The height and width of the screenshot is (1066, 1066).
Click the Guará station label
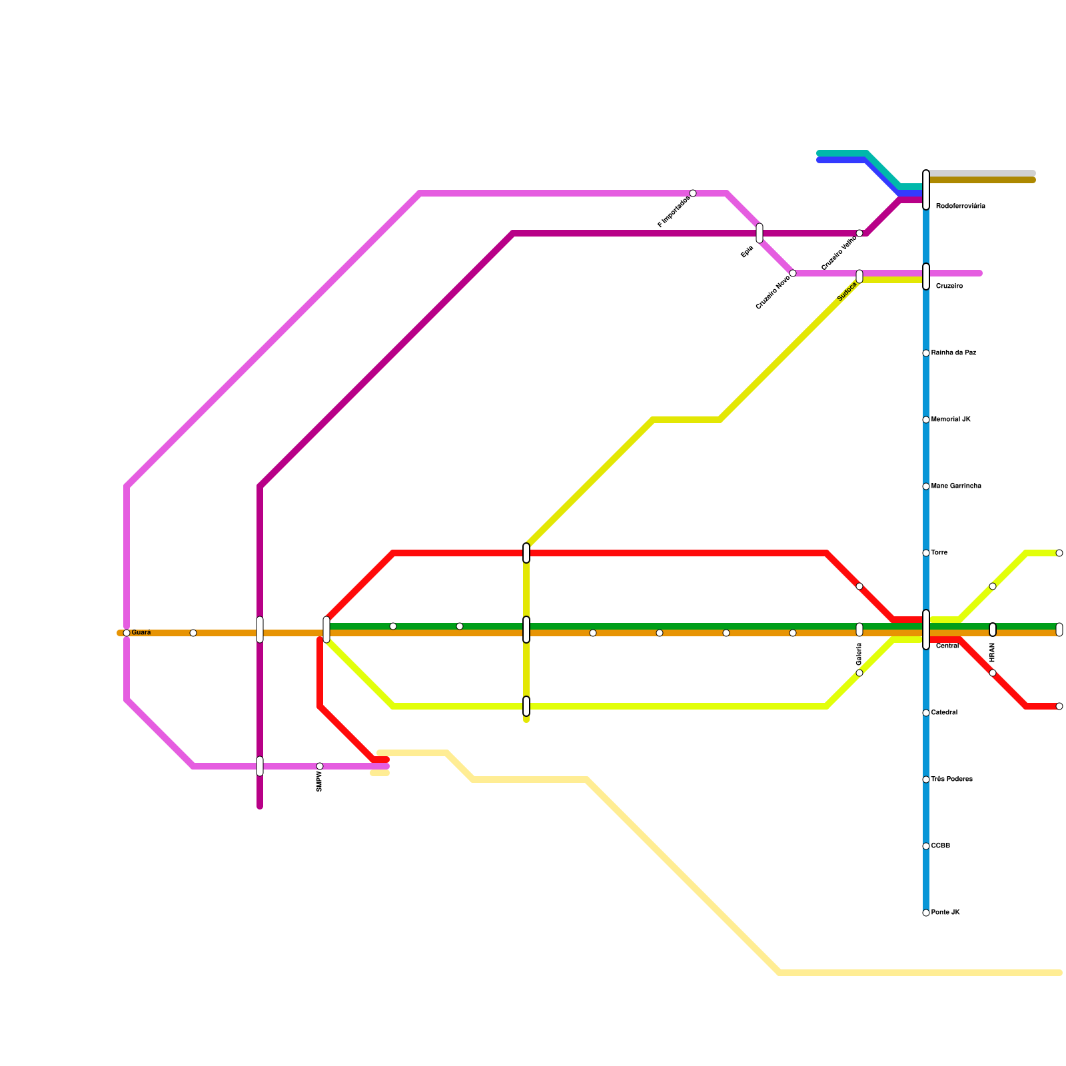141,632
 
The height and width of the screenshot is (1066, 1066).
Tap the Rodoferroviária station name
960,207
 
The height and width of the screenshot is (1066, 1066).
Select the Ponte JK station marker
926,913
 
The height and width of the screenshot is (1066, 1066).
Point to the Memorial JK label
951,420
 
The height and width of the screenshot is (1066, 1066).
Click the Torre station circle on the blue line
926,553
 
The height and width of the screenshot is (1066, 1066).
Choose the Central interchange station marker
926,630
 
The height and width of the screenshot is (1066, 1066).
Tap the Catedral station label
944,713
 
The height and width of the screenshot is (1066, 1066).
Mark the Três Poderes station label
951,780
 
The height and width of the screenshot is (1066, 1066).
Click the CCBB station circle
926,846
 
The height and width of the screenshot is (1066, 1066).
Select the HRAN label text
993,652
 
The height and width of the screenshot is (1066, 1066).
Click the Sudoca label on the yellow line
847,291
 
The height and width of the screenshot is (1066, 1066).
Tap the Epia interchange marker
760,233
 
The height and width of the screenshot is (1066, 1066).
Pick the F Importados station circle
693,193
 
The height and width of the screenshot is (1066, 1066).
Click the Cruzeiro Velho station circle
859,233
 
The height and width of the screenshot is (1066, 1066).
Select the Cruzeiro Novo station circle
793,273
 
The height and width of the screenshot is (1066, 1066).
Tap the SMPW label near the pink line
320,782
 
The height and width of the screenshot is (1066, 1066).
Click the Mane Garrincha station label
956,486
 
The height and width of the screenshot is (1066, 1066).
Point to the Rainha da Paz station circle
926,353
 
